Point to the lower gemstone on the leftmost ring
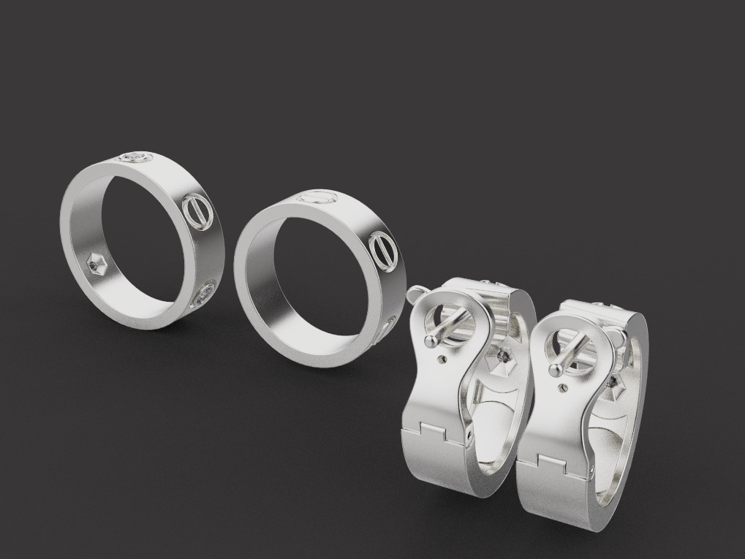(x=203, y=295)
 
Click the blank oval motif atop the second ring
(x=316, y=196)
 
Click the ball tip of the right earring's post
(x=557, y=370)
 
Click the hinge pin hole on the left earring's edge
(x=469, y=439)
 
